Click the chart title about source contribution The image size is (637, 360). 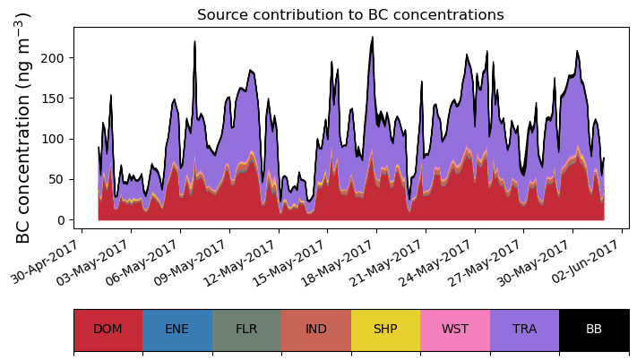(350, 15)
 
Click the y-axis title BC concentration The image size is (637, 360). (24, 128)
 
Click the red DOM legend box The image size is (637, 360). (108, 330)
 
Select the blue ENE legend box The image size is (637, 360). (177, 330)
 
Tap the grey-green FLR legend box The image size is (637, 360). (246, 330)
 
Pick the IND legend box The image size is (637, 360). (316, 330)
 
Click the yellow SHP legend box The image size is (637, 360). (385, 330)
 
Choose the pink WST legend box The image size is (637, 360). (455, 330)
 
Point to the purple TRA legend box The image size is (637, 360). (524, 330)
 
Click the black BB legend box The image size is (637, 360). (594, 330)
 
